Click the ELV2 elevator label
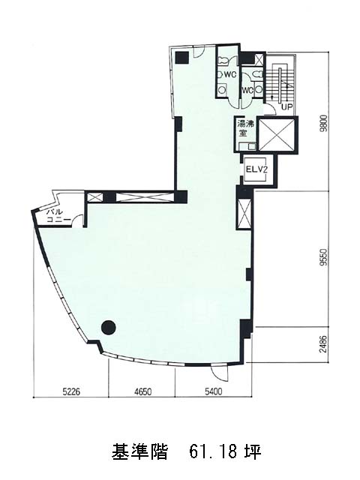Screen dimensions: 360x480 pyautogui.click(x=257, y=169)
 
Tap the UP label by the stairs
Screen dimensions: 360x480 pyautogui.click(x=287, y=107)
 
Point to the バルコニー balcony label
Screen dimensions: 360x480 pyautogui.click(x=58, y=216)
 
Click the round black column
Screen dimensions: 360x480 pyautogui.click(x=108, y=328)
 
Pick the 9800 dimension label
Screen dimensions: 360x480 pyautogui.click(x=324, y=123)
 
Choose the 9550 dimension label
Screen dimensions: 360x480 pyautogui.click(x=324, y=258)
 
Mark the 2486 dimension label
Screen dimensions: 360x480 pyautogui.click(x=324, y=344)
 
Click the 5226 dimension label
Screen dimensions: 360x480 pyautogui.click(x=71, y=391)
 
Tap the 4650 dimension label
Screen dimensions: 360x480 pyautogui.click(x=142, y=391)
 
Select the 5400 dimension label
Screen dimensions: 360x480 pyautogui.click(x=213, y=391)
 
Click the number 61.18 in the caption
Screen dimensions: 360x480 pyautogui.click(x=212, y=452)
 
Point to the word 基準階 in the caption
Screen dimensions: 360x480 pyautogui.click(x=139, y=452)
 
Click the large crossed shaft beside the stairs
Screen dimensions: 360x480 pyautogui.click(x=277, y=135)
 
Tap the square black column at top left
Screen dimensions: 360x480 pyautogui.click(x=182, y=58)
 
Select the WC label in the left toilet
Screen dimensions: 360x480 pyautogui.click(x=230, y=74)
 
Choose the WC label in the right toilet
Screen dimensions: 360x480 pyautogui.click(x=248, y=90)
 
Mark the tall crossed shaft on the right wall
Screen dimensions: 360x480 pyautogui.click(x=244, y=213)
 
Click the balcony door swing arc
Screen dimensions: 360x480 pyautogui.click(x=78, y=220)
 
